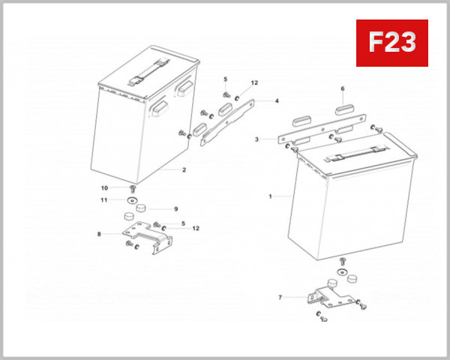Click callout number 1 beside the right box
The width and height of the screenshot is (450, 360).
[x=270, y=196]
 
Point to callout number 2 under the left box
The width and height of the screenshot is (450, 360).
[x=183, y=170]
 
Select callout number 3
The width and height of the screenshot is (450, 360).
[x=256, y=139]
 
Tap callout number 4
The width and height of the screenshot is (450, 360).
[x=276, y=100]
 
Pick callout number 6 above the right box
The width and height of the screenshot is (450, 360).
[x=343, y=88]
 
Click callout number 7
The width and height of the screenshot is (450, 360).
[x=280, y=298]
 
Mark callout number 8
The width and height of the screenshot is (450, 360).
[x=98, y=235]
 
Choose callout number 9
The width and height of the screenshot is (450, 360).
[x=175, y=209]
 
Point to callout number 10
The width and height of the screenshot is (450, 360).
[x=105, y=187]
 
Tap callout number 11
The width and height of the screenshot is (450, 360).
[x=105, y=199]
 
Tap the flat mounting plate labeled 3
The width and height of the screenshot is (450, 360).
[x=322, y=131]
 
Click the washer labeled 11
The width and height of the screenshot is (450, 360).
[x=132, y=201]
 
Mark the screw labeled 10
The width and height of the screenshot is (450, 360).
[x=132, y=189]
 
